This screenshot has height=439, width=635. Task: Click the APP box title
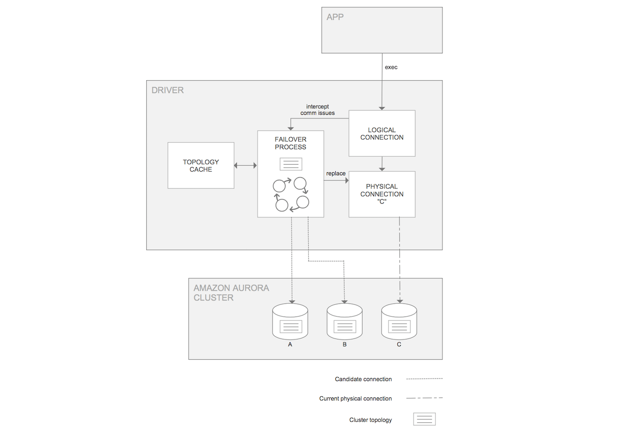click(335, 17)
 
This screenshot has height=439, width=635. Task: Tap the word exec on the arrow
click(391, 67)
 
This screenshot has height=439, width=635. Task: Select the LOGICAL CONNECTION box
click(382, 134)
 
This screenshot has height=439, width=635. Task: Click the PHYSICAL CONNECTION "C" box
click(382, 194)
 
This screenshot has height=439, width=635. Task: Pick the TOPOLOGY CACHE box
click(201, 166)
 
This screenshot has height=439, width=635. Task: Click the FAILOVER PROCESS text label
click(291, 143)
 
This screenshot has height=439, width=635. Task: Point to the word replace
click(336, 174)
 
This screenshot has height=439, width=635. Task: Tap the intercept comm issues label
click(317, 110)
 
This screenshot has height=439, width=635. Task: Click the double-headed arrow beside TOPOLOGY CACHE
click(246, 166)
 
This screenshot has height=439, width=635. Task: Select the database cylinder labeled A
click(291, 322)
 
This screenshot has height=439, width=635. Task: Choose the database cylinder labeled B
click(344, 322)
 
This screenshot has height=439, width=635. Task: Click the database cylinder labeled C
click(399, 322)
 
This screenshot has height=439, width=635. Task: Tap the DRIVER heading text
click(168, 90)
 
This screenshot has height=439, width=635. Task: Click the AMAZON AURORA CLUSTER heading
click(231, 293)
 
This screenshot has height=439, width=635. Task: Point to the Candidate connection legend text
click(363, 379)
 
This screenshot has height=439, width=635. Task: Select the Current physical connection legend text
click(355, 399)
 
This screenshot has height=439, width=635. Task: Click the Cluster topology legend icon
click(425, 419)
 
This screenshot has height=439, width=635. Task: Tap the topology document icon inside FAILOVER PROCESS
click(291, 164)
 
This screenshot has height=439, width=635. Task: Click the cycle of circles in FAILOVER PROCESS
click(291, 195)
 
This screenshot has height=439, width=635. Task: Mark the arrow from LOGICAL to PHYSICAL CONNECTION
click(382, 164)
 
